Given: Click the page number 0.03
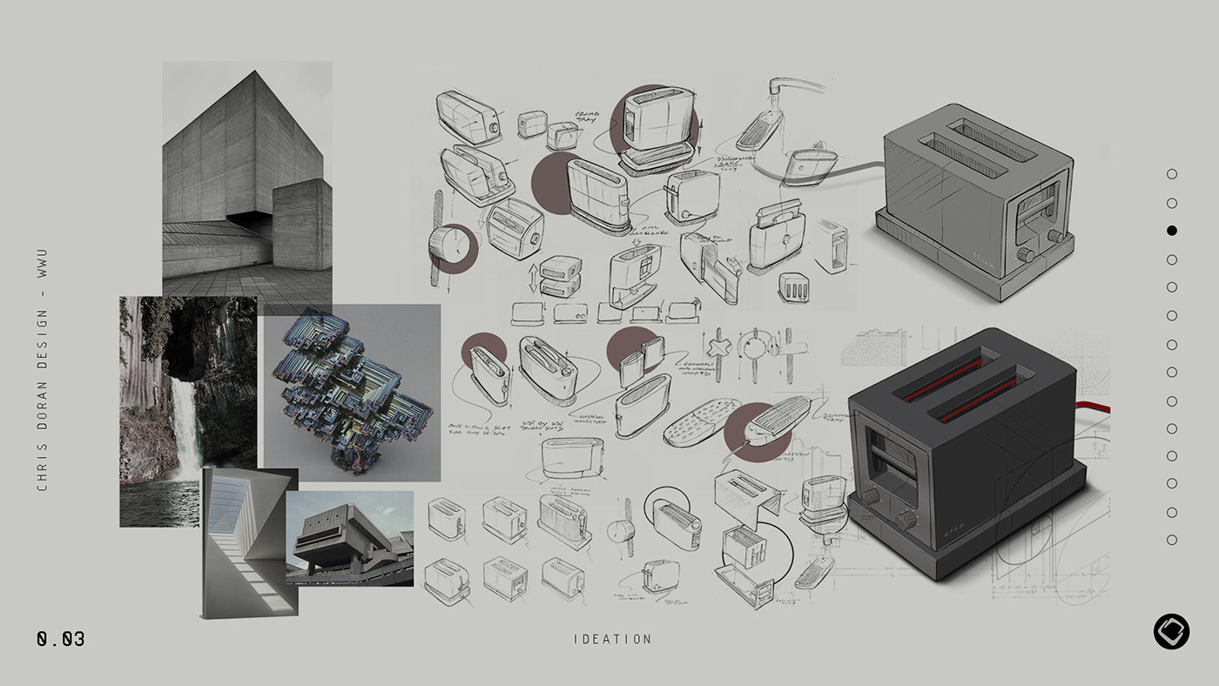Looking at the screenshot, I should pos(61,639).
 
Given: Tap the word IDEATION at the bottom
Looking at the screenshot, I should pos(612,639).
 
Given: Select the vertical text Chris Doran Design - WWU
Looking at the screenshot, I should pos(43,370).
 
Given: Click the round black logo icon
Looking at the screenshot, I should pos(1171,631).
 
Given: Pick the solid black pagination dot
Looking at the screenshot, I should pos(1171,231).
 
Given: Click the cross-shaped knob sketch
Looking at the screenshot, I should pos(719,346).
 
